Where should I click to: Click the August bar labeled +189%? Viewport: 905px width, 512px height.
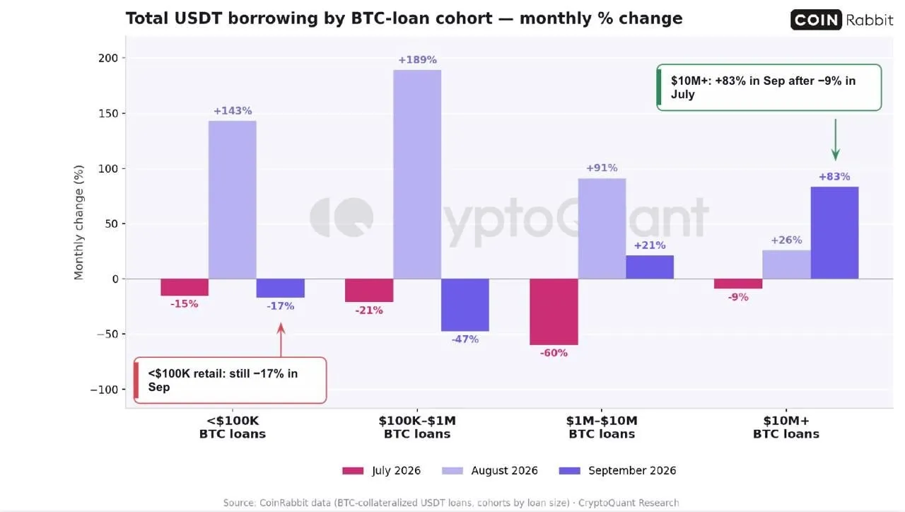tap(417, 174)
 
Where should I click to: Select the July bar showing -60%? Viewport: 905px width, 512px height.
tap(554, 312)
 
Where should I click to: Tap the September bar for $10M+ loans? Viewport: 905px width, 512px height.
tap(834, 233)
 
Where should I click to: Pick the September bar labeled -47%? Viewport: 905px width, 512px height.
tap(465, 305)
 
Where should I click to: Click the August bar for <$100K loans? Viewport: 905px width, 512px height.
tap(233, 199)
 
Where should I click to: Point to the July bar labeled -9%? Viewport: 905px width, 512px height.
tap(738, 284)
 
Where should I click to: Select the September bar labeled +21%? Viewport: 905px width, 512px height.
tap(650, 267)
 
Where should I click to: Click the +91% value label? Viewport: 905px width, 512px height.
tap(602, 168)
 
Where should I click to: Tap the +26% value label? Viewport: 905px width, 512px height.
tap(786, 240)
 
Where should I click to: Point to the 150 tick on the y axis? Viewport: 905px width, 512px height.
tap(108, 114)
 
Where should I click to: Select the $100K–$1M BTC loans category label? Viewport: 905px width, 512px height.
tap(417, 427)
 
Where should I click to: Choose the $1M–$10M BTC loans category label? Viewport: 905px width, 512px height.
tap(602, 427)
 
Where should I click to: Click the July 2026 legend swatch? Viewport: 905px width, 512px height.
tap(353, 471)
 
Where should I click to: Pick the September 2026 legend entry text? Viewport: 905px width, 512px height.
tap(632, 471)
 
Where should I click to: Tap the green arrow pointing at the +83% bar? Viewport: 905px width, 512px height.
tap(836, 139)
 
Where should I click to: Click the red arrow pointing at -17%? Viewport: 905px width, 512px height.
tap(281, 340)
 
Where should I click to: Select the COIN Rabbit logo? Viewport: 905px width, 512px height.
tap(841, 19)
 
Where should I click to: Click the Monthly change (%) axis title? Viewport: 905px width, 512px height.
tap(78, 222)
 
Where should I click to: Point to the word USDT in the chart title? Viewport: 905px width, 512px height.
tap(198, 18)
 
